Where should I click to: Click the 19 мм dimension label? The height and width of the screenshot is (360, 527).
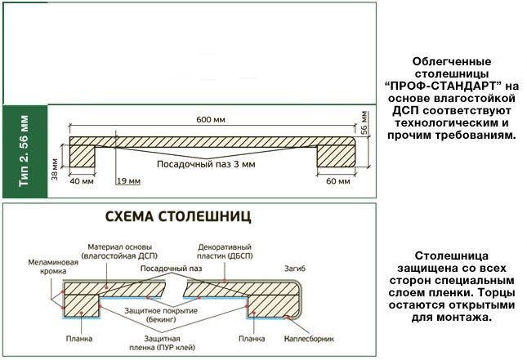(127, 181)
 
